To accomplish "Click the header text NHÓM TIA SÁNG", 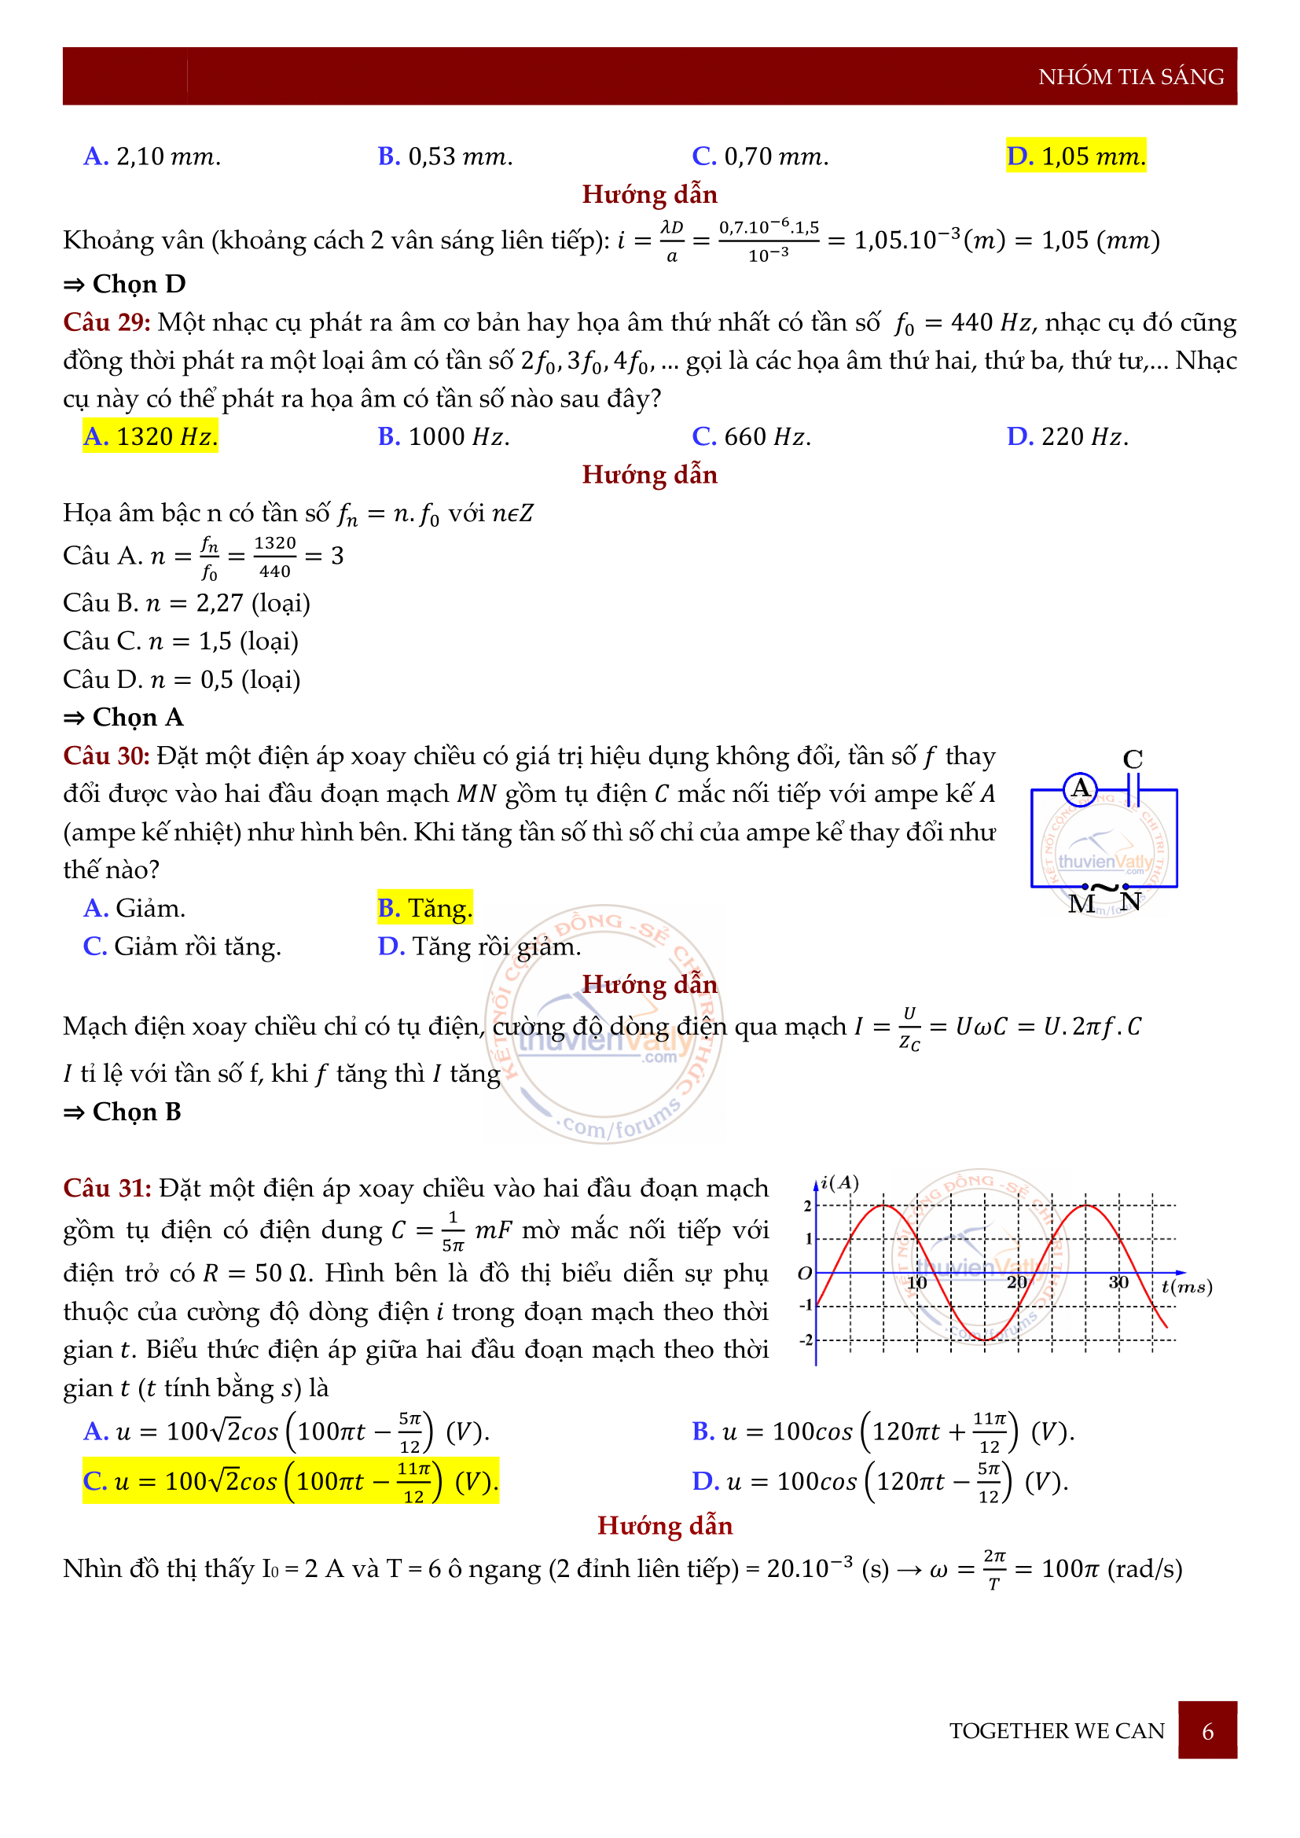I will pyautogui.click(x=1129, y=77).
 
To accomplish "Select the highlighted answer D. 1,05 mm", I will pyautogui.click(x=1075, y=156).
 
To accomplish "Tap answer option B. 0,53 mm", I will pyautogui.click(x=445, y=156).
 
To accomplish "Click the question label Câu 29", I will pyautogui.click(x=106, y=322).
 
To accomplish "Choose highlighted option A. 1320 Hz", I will pyautogui.click(x=150, y=436).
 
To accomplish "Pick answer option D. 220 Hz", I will pyautogui.click(x=1067, y=436).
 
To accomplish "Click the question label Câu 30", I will pyautogui.click(x=106, y=755).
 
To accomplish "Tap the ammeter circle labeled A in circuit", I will pyautogui.click(x=1080, y=789).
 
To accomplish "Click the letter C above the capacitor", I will pyautogui.click(x=1132, y=759).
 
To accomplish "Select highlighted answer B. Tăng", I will pyautogui.click(x=425, y=908).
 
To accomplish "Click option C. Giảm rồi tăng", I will pyautogui.click(x=182, y=947).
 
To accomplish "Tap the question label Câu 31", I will pyautogui.click(x=106, y=1188).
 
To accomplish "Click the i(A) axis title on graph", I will pyautogui.click(x=839, y=1183).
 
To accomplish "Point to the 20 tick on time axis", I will pyautogui.click(x=1016, y=1282).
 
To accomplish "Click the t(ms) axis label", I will pyautogui.click(x=1186, y=1286).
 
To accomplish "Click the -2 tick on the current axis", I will pyautogui.click(x=806, y=1340).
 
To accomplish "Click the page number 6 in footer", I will pyautogui.click(x=1207, y=1732).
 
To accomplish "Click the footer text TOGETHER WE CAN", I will pyautogui.click(x=1056, y=1732).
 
